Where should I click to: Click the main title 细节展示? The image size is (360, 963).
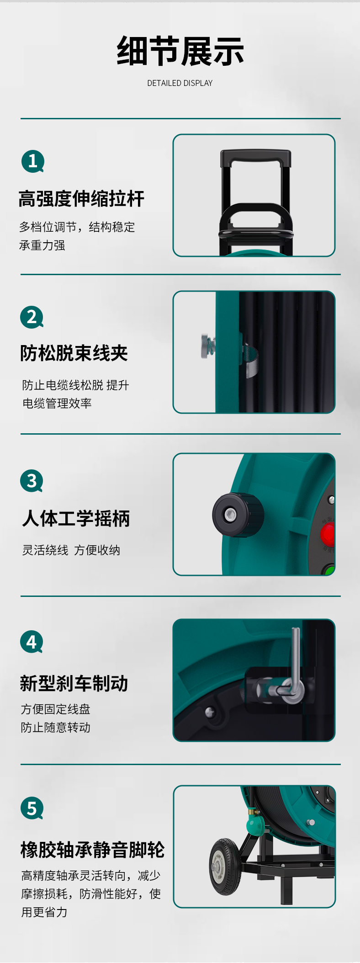click(180, 51)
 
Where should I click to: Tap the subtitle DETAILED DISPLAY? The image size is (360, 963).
click(180, 83)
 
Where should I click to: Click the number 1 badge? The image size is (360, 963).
click(33, 161)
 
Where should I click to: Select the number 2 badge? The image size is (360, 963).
click(32, 317)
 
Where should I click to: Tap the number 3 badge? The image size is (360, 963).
click(32, 481)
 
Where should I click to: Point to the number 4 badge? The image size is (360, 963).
click(32, 642)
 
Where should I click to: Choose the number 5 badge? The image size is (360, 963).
click(32, 808)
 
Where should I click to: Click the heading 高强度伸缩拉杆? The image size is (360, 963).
click(81, 199)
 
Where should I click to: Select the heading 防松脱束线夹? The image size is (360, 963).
click(74, 353)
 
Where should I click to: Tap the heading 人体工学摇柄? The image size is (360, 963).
click(76, 519)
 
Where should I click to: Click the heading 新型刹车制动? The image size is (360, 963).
click(74, 684)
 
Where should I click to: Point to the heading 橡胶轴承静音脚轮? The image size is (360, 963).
click(93, 850)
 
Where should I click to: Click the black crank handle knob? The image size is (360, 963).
click(238, 515)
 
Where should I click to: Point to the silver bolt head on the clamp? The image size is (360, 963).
click(206, 346)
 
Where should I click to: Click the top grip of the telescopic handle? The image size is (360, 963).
click(256, 158)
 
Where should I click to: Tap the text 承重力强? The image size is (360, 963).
click(42, 245)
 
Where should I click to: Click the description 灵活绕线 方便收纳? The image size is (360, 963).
click(71, 550)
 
